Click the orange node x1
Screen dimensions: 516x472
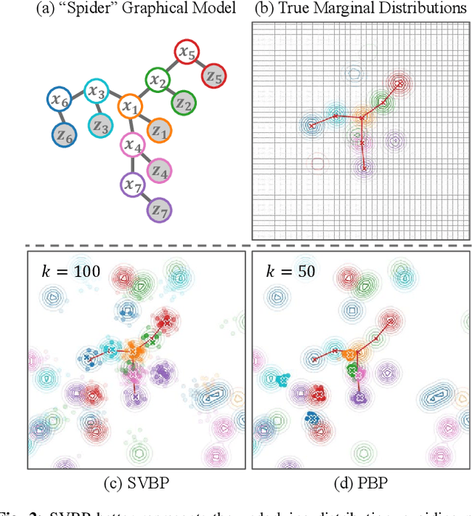(x=131, y=107)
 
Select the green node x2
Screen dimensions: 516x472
(x=156, y=80)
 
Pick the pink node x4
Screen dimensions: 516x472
(x=133, y=145)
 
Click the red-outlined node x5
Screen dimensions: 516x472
(x=187, y=52)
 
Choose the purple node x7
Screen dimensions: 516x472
(x=134, y=183)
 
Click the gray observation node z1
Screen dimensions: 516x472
(x=158, y=131)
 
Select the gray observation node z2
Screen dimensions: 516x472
(x=184, y=105)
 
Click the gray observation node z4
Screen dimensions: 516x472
(x=159, y=171)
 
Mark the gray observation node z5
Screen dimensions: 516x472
(x=215, y=75)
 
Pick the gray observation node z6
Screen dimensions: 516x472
(x=63, y=135)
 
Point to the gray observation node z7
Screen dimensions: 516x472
(x=158, y=209)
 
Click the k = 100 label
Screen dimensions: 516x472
(x=68, y=272)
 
